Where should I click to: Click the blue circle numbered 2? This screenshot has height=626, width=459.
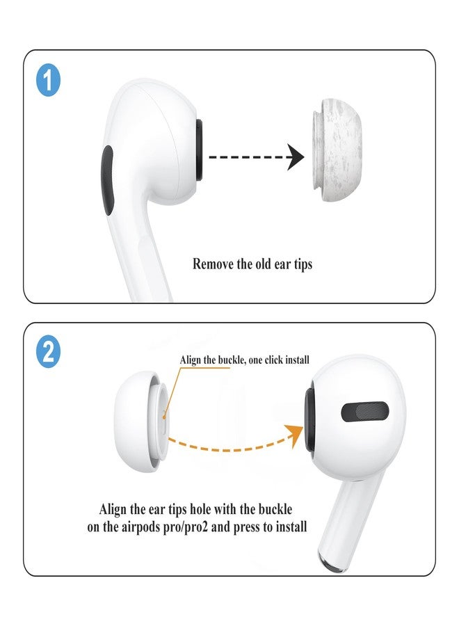(48, 353)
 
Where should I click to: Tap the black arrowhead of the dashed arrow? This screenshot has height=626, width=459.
(296, 158)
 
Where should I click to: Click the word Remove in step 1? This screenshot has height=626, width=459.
(214, 264)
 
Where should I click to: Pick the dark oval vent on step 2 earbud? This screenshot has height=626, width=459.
(364, 412)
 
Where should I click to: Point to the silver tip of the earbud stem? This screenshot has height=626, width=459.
(331, 557)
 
